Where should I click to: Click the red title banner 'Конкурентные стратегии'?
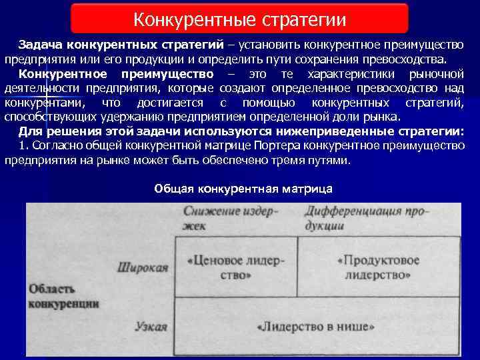pos(239,18)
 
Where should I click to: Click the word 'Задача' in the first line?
pos(38,44)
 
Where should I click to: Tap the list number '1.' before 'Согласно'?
pos(24,146)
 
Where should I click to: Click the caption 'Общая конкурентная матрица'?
pos(243,189)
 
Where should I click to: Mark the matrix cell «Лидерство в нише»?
pos(315,327)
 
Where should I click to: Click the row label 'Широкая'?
pos(143,267)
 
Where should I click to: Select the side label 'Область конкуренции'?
pos(64,296)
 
